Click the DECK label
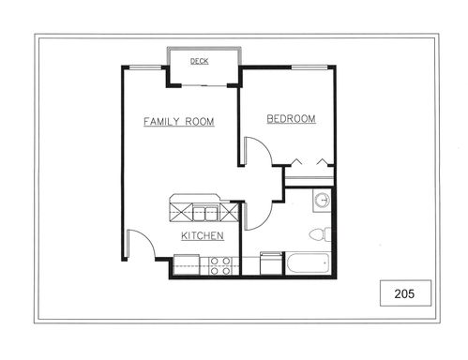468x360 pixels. pyautogui.click(x=200, y=61)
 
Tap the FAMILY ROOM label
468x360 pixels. pyautogui.click(x=179, y=121)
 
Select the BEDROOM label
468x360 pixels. pyautogui.click(x=291, y=119)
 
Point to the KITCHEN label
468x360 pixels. pyautogui.click(x=203, y=235)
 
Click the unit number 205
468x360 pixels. pyautogui.click(x=404, y=293)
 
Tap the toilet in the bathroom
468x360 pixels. pyautogui.click(x=320, y=234)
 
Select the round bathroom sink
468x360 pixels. pyautogui.click(x=323, y=200)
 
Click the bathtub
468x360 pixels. pyautogui.click(x=309, y=263)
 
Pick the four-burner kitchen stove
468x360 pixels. pyautogui.click(x=220, y=266)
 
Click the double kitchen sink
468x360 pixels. pyautogui.click(x=205, y=213)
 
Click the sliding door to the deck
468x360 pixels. pyautogui.click(x=204, y=85)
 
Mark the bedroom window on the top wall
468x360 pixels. pyautogui.click(x=309, y=67)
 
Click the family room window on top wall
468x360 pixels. pyautogui.click(x=145, y=67)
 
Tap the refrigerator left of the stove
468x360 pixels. pyautogui.click(x=187, y=265)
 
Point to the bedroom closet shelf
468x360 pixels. pyautogui.click(x=309, y=178)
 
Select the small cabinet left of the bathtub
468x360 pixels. pyautogui.click(x=271, y=263)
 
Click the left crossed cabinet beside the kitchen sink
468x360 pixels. pyautogui.click(x=181, y=213)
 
